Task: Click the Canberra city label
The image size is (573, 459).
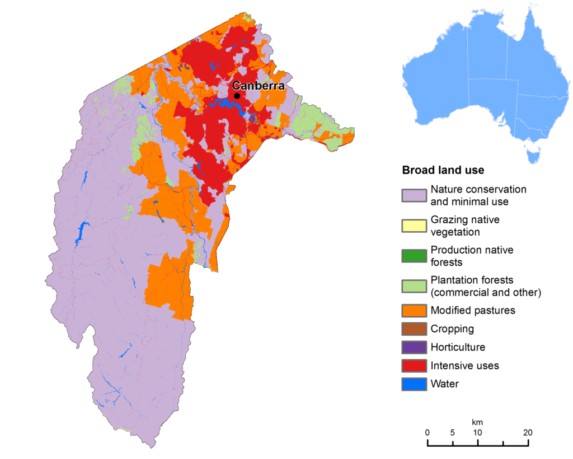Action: tap(259, 86)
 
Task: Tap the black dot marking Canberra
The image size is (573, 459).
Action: tap(237, 96)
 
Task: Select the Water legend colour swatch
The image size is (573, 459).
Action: tap(414, 385)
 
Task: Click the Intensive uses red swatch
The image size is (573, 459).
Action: tap(414, 366)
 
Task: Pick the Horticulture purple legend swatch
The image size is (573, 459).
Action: tap(414, 348)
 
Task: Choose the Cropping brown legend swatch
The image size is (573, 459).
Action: tap(414, 329)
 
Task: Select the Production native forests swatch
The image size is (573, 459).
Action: tap(414, 256)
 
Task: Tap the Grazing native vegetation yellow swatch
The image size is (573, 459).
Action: tap(414, 226)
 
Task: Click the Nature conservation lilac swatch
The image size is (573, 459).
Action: tap(414, 195)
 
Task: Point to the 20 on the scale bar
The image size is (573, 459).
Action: tap(528, 432)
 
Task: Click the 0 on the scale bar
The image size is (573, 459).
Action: tap(428, 432)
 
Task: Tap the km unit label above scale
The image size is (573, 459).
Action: tap(477, 421)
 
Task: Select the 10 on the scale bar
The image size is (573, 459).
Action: tap(477, 432)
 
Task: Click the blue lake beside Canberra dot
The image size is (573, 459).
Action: tap(224, 104)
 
